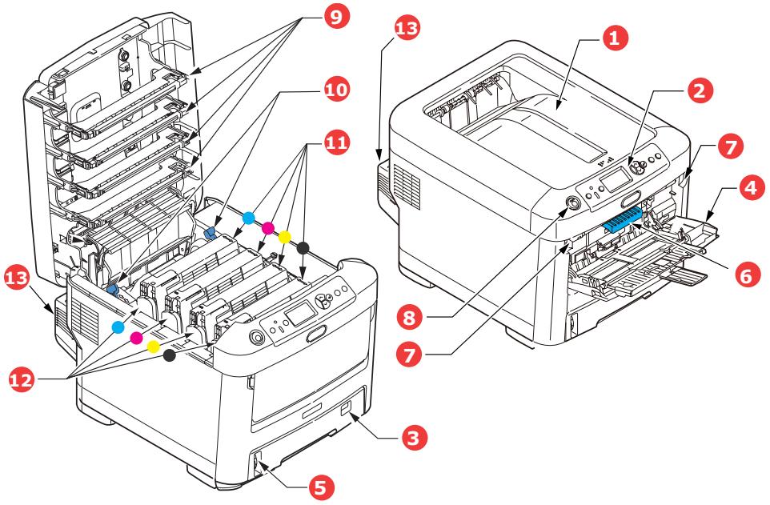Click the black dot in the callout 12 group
click(x=169, y=355)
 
